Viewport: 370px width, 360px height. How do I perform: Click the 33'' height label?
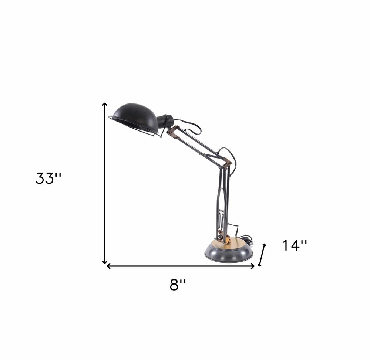coord(48,179)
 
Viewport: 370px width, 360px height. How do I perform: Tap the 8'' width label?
coord(178,285)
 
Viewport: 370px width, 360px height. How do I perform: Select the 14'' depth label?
coord(295,245)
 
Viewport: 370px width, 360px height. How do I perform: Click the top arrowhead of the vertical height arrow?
coord(105,104)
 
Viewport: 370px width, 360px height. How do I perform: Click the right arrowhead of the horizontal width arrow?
coord(253,266)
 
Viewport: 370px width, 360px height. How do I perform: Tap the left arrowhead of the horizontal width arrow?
coord(108,266)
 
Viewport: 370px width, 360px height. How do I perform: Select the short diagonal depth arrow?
coord(262,255)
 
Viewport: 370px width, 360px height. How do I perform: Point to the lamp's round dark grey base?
coord(229,254)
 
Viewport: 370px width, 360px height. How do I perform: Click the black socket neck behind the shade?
coord(165,121)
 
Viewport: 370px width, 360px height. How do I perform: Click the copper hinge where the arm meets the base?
coord(223,234)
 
